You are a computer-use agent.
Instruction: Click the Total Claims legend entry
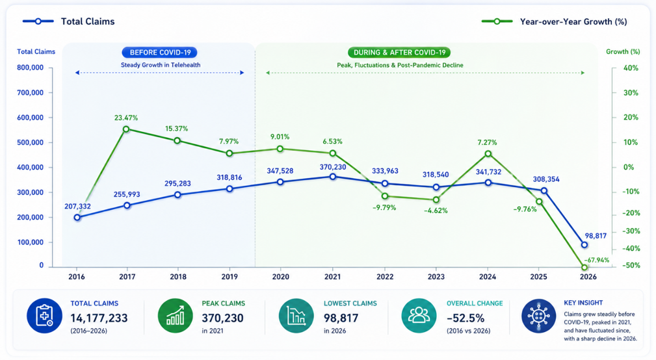(69, 21)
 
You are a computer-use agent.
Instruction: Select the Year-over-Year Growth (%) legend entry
(555, 21)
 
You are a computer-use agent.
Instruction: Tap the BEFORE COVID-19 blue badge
(160, 52)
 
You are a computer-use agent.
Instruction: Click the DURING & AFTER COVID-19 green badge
(399, 52)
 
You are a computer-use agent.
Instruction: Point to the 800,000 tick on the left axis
(30, 68)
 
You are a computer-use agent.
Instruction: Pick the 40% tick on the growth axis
(631, 68)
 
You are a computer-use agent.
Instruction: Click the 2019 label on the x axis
(230, 276)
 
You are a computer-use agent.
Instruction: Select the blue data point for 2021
(333, 177)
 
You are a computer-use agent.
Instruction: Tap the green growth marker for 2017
(126, 129)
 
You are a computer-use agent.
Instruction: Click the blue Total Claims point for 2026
(584, 245)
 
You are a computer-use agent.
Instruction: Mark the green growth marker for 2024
(488, 154)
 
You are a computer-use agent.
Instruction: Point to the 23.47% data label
(126, 118)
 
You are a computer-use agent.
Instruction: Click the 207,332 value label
(77, 206)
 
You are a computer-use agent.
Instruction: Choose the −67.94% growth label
(597, 260)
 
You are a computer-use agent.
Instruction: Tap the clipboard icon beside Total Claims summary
(44, 316)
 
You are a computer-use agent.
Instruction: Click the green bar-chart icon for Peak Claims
(176, 316)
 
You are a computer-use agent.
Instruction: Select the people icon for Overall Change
(419, 316)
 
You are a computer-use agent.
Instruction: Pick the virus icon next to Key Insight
(539, 316)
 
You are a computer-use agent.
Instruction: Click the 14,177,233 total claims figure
(99, 318)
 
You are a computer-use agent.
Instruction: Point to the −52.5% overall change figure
(466, 318)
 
